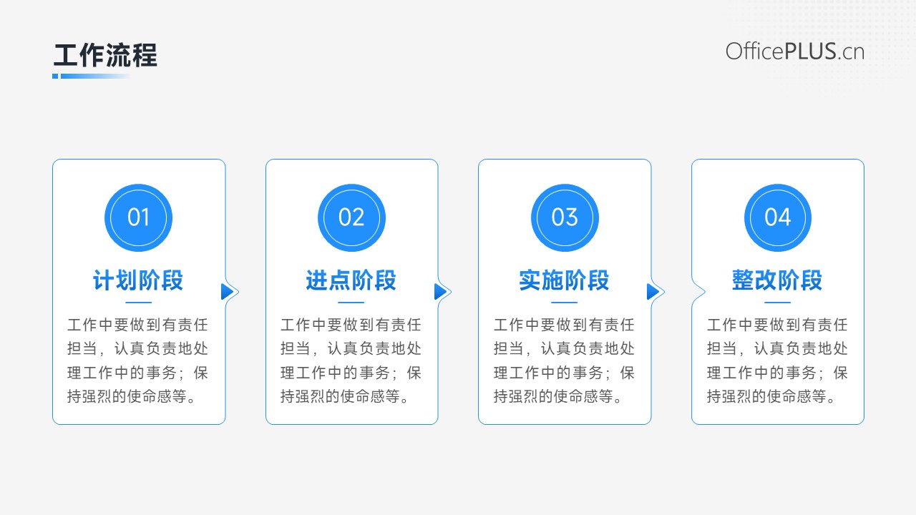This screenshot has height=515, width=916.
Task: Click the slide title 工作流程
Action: click(105, 55)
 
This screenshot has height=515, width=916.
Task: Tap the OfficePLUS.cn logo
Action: click(795, 52)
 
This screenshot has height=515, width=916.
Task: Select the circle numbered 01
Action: click(138, 217)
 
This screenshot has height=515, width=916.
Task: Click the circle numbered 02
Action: click(351, 217)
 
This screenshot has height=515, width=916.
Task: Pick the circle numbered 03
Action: click(565, 217)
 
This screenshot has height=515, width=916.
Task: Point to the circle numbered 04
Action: click(778, 217)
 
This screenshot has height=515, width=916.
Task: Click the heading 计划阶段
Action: click(138, 280)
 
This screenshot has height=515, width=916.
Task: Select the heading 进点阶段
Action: click(351, 280)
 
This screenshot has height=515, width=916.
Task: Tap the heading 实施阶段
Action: click(565, 280)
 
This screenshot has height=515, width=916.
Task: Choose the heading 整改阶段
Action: click(777, 280)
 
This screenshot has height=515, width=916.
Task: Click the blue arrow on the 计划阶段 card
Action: click(227, 292)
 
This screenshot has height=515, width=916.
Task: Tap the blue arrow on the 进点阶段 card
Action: click(440, 292)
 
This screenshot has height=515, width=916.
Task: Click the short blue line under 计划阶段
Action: click(138, 303)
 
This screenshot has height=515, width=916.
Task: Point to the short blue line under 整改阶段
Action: click(777, 303)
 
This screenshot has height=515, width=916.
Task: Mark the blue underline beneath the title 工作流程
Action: click(91, 76)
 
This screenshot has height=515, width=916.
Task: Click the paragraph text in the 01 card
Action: click(138, 360)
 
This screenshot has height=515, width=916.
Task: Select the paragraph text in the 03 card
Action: click(565, 360)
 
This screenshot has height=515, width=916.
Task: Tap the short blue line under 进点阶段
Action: click(351, 303)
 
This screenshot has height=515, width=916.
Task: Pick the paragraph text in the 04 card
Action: click(777, 360)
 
